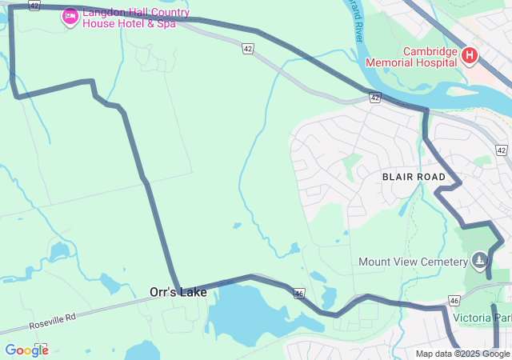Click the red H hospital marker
click(470, 56)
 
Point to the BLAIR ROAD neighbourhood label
click(414, 176)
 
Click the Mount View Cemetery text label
click(412, 262)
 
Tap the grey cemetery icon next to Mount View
click(479, 260)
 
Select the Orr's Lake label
click(178, 293)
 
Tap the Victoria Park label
click(482, 318)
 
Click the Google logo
click(26, 350)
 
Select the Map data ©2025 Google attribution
click(462, 354)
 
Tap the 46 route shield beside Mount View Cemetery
click(454, 301)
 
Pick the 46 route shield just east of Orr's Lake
click(298, 294)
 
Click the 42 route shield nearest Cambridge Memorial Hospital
click(374, 98)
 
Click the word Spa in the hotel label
click(166, 24)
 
